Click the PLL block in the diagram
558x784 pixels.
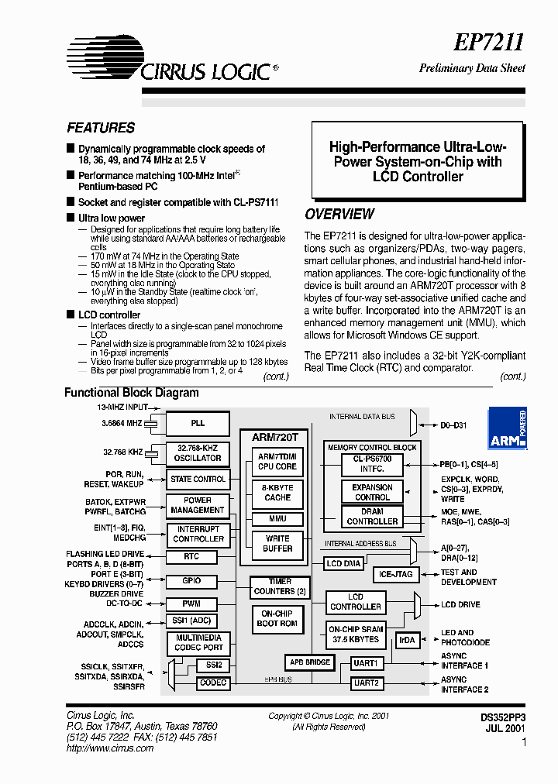click(198, 424)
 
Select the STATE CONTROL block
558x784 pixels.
click(198, 479)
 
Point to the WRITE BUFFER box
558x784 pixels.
click(277, 543)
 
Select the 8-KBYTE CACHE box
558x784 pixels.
click(277, 493)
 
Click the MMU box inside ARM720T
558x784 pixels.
click(277, 518)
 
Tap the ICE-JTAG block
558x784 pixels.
click(396, 574)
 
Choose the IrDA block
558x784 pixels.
click(407, 640)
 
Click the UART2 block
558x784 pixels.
click(366, 683)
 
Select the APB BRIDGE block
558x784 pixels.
click(310, 662)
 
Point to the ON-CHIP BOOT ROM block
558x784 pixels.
click(277, 618)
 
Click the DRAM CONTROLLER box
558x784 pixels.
click(372, 517)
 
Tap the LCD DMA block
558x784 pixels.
click(343, 563)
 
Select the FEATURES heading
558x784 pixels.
click(101, 128)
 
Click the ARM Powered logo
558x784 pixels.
click(508, 429)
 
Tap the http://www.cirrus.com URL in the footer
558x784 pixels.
click(100, 748)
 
